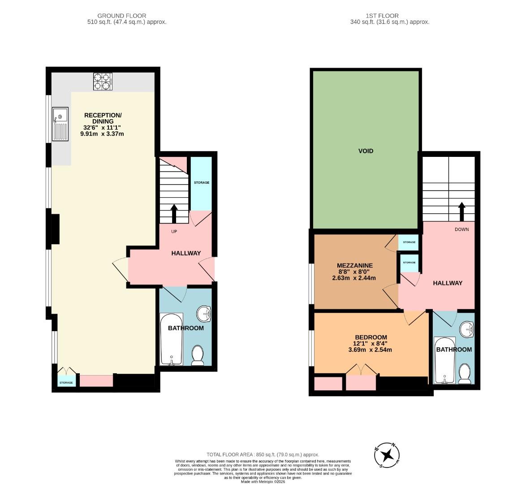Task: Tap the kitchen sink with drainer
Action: pyautogui.click(x=60, y=124)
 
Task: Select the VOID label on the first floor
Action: pyautogui.click(x=366, y=151)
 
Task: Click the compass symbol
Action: pyautogui.click(x=387, y=455)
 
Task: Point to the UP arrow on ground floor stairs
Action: pyautogui.click(x=174, y=214)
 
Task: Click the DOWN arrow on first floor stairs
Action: pyautogui.click(x=461, y=211)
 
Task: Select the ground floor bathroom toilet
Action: pyautogui.click(x=197, y=355)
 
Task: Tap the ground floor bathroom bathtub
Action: pyautogui.click(x=171, y=339)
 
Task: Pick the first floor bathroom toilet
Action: pyautogui.click(x=465, y=374)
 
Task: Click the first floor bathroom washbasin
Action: pyautogui.click(x=468, y=330)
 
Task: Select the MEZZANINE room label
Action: pyautogui.click(x=355, y=265)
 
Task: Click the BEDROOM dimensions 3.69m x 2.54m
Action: pyautogui.click(x=370, y=350)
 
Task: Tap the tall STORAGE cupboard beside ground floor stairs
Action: pyautogui.click(x=201, y=183)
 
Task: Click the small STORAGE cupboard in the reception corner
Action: pyautogui.click(x=66, y=381)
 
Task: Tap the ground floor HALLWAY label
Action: pyautogui.click(x=186, y=253)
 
